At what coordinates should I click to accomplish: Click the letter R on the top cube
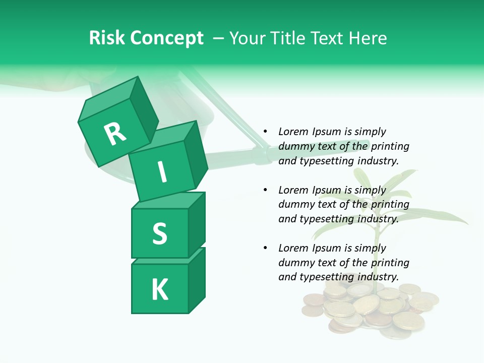tap(115, 134)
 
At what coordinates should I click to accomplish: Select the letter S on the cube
tap(159, 233)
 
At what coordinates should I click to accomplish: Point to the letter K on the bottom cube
tap(159, 290)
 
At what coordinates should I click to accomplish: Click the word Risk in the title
tap(107, 38)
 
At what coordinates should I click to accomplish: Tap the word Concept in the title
tap(166, 38)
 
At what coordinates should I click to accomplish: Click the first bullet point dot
tap(265, 132)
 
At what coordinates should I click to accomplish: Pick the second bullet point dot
tap(265, 190)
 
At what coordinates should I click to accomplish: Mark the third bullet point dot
tap(265, 248)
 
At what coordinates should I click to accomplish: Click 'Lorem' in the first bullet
tap(293, 132)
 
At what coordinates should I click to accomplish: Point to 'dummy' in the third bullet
tap(295, 263)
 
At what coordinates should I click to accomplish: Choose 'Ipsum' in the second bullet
tap(326, 190)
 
